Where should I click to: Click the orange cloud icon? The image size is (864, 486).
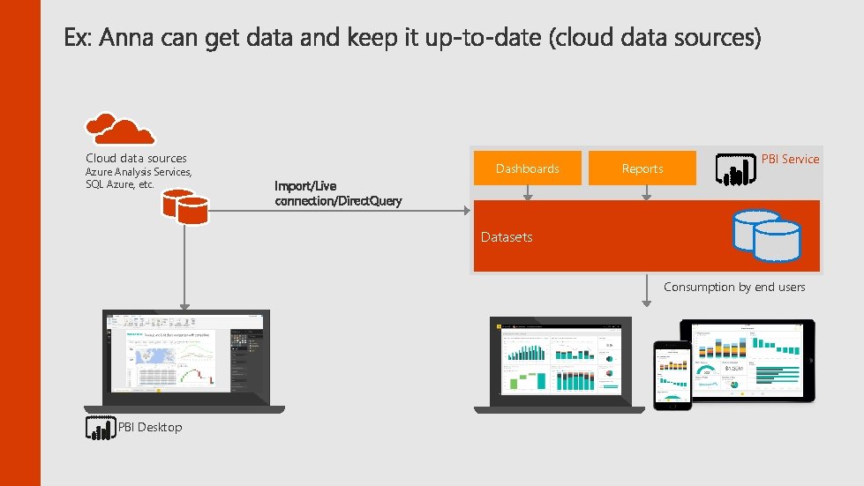tap(120, 129)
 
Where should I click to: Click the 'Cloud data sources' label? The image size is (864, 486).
tap(136, 158)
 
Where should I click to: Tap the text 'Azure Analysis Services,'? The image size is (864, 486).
tap(139, 172)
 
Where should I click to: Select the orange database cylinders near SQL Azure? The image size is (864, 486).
tap(184, 206)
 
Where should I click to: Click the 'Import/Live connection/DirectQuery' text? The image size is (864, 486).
tap(337, 193)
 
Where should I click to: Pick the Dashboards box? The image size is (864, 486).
tap(527, 168)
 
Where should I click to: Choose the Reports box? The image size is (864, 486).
tap(642, 168)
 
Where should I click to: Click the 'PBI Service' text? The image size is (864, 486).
tap(790, 159)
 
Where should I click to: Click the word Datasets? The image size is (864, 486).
tap(507, 236)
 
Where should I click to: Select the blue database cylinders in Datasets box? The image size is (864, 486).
tap(766, 236)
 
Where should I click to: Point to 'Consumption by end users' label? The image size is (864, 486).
tap(734, 287)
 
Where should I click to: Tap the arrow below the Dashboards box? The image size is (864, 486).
tap(528, 194)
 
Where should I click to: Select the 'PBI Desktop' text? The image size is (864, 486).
tap(150, 427)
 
